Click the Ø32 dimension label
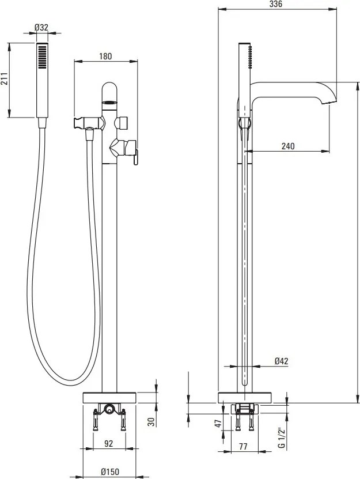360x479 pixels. pyautogui.click(x=41, y=27)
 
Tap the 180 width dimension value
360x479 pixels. pyautogui.click(x=105, y=56)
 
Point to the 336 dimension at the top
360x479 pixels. pyautogui.click(x=276, y=4)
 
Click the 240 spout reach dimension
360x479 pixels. pyautogui.click(x=288, y=146)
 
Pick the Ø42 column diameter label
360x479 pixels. pyautogui.click(x=282, y=361)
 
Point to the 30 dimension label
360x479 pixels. pyautogui.click(x=151, y=422)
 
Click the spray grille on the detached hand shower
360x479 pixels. pyautogui.click(x=41, y=58)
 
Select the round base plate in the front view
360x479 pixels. pyautogui.click(x=109, y=397)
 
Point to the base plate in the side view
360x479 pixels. pyautogui.click(x=245, y=397)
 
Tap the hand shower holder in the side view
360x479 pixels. pyautogui.click(x=244, y=124)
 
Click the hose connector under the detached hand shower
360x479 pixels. pyautogui.click(x=40, y=122)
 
